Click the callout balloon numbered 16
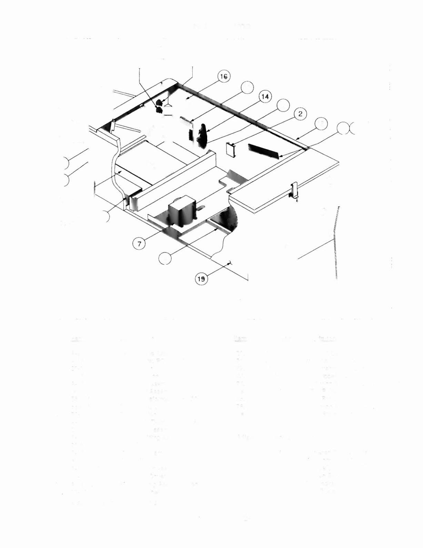coord(223,77)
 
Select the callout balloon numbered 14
coord(265,97)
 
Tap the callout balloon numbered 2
coord(300,114)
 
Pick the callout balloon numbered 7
coord(139,244)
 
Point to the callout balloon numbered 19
coord(201,278)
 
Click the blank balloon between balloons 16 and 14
coord(247,88)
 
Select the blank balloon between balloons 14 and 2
coord(283,105)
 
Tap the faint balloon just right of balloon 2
coord(321,123)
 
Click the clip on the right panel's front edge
coord(294,190)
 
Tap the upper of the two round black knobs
coord(159,102)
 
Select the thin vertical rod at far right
coord(335,241)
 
